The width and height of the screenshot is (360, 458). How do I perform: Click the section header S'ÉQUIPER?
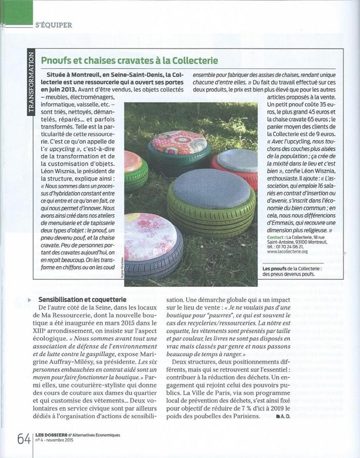(53, 25)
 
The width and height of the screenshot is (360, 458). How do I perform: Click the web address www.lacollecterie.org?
(287, 252)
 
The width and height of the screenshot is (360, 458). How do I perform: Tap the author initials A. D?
(282, 416)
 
